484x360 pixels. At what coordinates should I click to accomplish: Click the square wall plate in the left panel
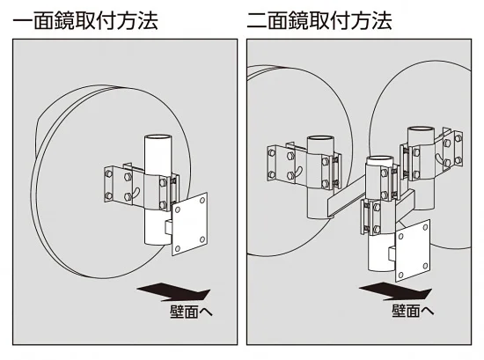pos(189,228)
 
